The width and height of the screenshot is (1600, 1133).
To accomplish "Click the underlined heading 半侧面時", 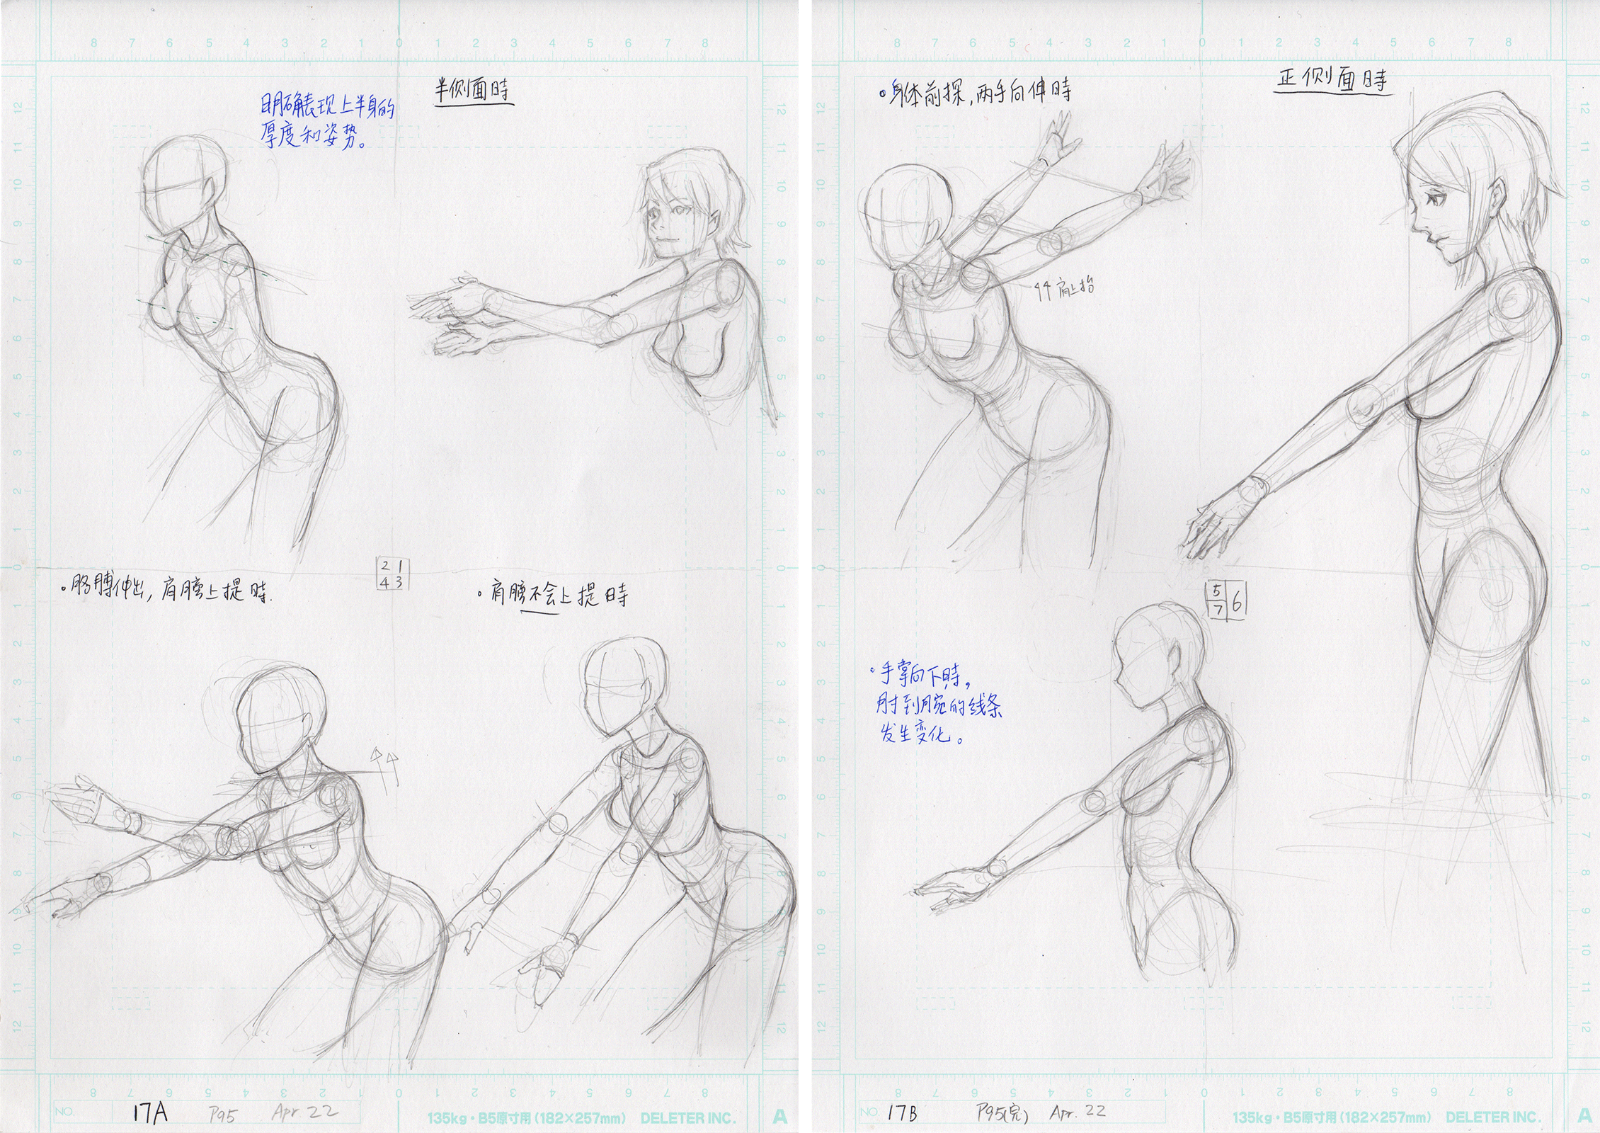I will tap(473, 93).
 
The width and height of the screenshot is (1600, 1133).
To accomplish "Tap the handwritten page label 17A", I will tap(150, 1114).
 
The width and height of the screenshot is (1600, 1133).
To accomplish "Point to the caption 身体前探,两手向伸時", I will tap(974, 91).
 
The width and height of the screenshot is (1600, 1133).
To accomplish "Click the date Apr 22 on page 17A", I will tap(304, 1112).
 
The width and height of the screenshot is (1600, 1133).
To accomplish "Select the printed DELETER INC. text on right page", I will tap(1492, 1117).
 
